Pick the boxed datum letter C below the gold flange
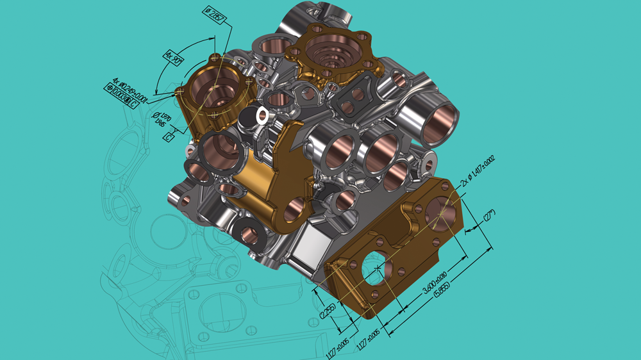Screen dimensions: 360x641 170,137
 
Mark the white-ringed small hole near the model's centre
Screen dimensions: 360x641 262,115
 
